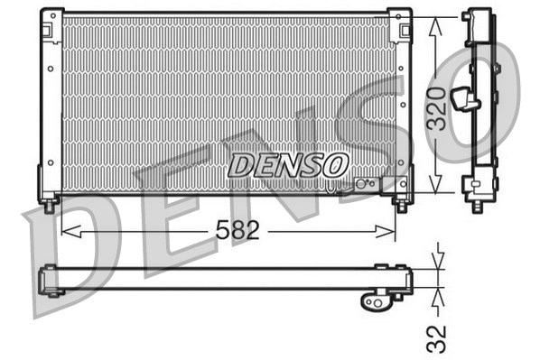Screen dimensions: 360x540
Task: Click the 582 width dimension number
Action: click(238, 231)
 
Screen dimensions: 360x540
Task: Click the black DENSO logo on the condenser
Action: click(287, 164)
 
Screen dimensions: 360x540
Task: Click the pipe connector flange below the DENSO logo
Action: click(364, 184)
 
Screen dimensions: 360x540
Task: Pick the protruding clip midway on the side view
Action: click(466, 98)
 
